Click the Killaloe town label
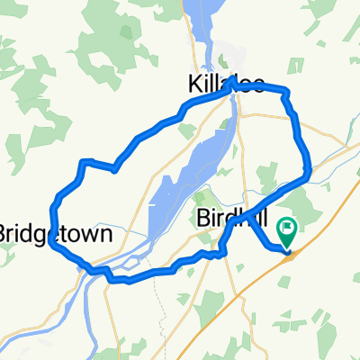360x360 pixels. tap(227, 85)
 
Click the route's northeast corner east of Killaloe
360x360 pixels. tap(287, 91)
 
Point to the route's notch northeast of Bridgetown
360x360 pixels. tap(114, 168)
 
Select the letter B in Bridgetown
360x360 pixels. tap(4, 234)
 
